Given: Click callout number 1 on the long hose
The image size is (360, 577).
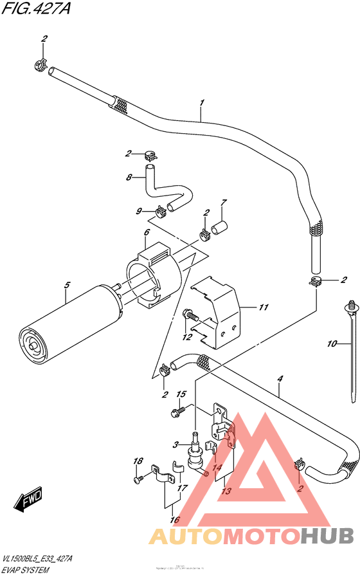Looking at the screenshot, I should (x=201, y=103).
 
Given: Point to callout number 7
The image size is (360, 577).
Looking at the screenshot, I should (x=223, y=203).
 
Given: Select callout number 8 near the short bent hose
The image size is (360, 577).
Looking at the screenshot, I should (x=129, y=178).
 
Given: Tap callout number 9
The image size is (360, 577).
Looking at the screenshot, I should (x=138, y=211).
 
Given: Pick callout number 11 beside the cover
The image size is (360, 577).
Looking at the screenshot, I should (x=263, y=307).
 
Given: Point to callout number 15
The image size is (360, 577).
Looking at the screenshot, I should (x=181, y=394).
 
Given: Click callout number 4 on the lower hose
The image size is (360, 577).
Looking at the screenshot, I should (x=280, y=380).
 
